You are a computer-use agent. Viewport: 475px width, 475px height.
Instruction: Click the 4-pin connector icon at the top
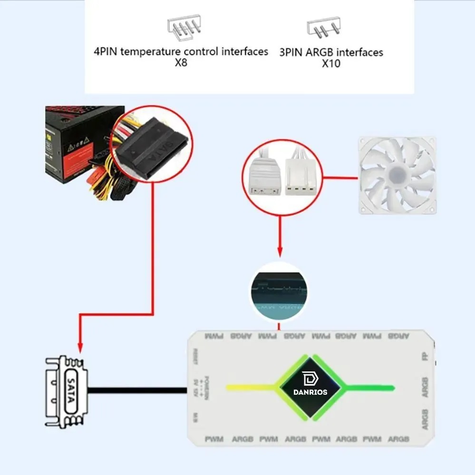click(184, 27)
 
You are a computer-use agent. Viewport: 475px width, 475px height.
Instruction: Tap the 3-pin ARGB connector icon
click(323, 28)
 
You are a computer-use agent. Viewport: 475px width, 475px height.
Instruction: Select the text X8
click(181, 63)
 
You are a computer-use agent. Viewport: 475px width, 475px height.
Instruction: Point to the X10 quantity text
click(331, 64)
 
